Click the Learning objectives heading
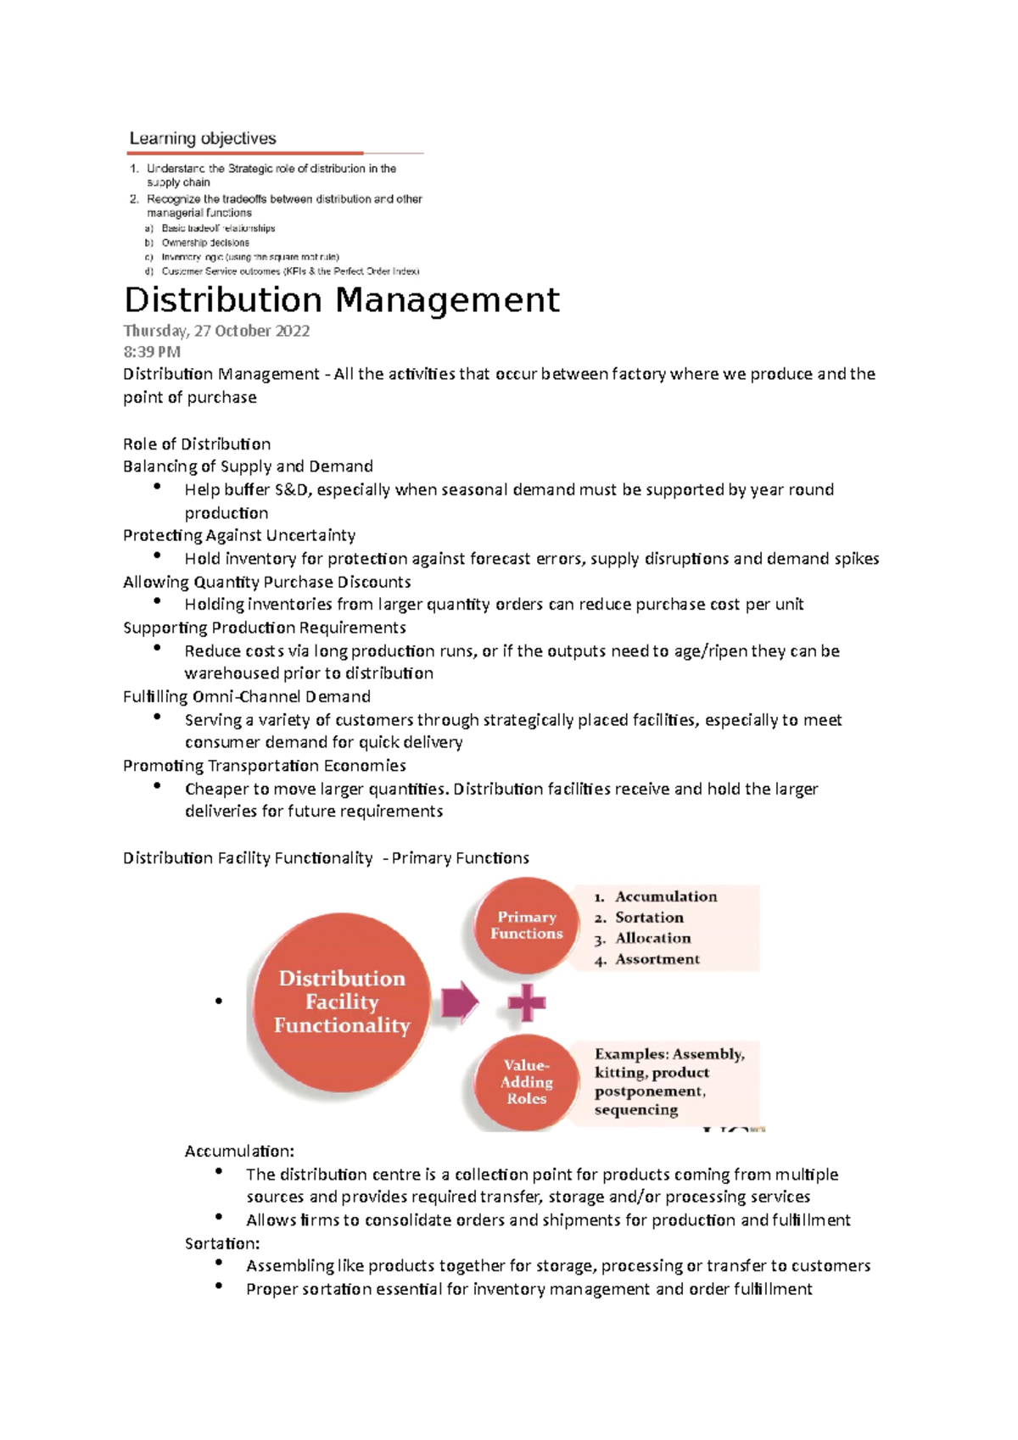pyautogui.click(x=203, y=138)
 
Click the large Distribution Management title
pyautogui.click(x=341, y=300)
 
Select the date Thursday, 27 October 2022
pyautogui.click(x=216, y=331)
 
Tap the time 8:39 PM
pyautogui.click(x=152, y=352)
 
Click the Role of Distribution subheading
pyautogui.click(x=197, y=444)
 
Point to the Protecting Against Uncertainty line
pyautogui.click(x=239, y=535)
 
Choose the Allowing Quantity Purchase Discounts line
pyautogui.click(x=266, y=582)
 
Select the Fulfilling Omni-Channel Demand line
pyautogui.click(x=247, y=696)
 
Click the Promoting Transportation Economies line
pyautogui.click(x=265, y=766)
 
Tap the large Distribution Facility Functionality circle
pyautogui.click(x=342, y=1002)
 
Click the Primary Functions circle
pyautogui.click(x=526, y=925)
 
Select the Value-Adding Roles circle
pyautogui.click(x=526, y=1082)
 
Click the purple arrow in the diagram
pyautogui.click(x=460, y=1002)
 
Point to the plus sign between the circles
pyautogui.click(x=527, y=1003)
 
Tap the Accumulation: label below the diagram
pyautogui.click(x=239, y=1151)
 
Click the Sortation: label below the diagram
pyautogui.click(x=222, y=1243)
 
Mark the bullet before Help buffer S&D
pyautogui.click(x=157, y=486)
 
